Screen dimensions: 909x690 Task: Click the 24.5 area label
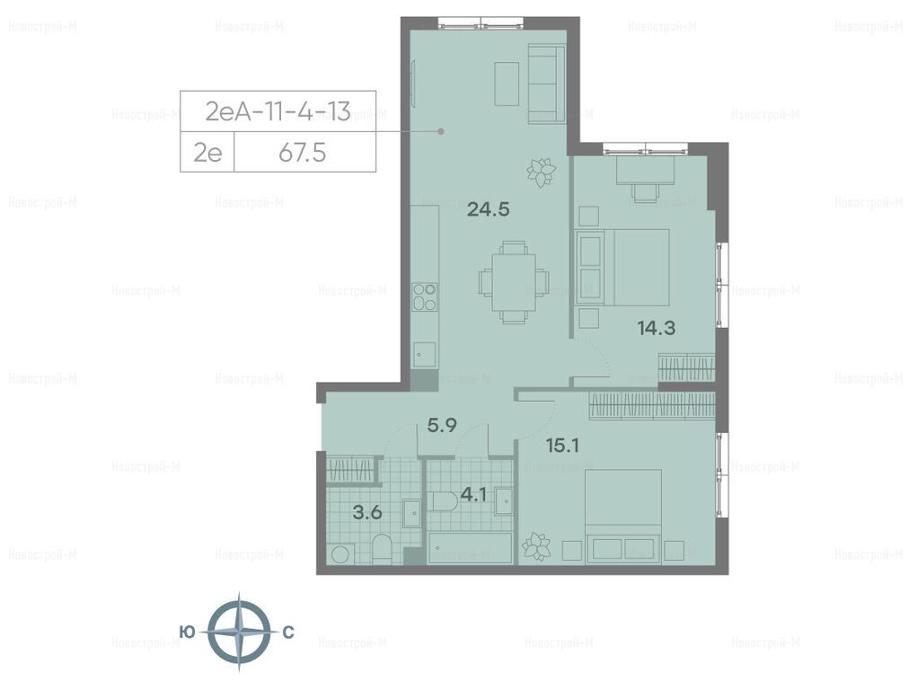pyautogui.click(x=488, y=208)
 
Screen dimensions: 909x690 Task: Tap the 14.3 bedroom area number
pyautogui.click(x=657, y=328)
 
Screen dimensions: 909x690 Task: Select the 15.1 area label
pyautogui.click(x=562, y=446)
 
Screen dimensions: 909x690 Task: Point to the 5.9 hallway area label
pyautogui.click(x=442, y=426)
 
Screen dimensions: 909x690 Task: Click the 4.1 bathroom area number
pyautogui.click(x=473, y=495)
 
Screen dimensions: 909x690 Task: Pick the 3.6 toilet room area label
pyautogui.click(x=367, y=513)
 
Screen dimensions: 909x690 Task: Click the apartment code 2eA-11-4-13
pyautogui.click(x=278, y=111)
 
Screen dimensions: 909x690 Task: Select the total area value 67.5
pyautogui.click(x=302, y=153)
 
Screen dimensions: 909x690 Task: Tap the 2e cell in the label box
pyautogui.click(x=207, y=153)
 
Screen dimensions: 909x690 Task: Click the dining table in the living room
pyautogui.click(x=514, y=282)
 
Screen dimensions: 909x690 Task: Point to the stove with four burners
pyautogui.click(x=424, y=296)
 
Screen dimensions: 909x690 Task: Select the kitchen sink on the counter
pyautogui.click(x=424, y=354)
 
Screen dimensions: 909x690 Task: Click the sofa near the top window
pyautogui.click(x=546, y=84)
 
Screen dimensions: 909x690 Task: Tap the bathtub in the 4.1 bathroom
pyautogui.click(x=470, y=548)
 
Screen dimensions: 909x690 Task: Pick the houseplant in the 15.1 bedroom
pyautogui.click(x=536, y=547)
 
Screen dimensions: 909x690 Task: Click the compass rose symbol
pyautogui.click(x=239, y=632)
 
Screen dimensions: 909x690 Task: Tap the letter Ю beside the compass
pyautogui.click(x=187, y=632)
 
